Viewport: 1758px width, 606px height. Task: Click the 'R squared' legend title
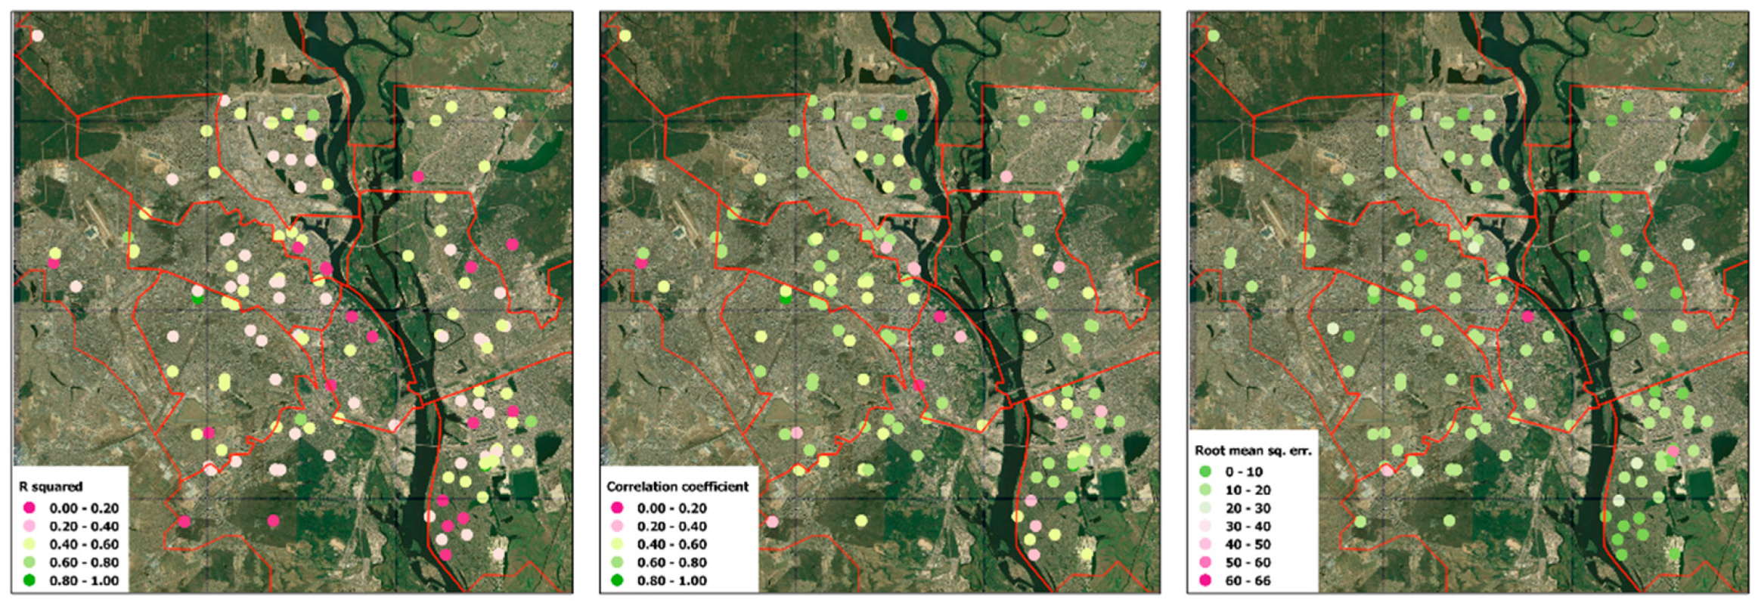point(51,487)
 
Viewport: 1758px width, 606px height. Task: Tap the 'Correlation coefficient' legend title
point(677,487)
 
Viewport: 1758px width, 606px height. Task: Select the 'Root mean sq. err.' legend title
point(1253,450)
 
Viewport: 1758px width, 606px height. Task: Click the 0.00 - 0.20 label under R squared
point(84,509)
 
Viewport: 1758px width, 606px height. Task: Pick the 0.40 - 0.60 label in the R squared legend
point(84,545)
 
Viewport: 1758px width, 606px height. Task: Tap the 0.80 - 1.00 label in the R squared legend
point(84,581)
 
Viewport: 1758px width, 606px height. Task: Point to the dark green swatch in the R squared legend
point(29,580)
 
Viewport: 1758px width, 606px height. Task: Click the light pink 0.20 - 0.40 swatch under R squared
point(29,526)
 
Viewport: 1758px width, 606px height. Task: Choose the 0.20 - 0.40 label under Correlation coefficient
point(671,527)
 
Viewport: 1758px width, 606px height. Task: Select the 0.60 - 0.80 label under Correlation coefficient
point(671,563)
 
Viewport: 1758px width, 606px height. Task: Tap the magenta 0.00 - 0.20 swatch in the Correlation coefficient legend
point(617,508)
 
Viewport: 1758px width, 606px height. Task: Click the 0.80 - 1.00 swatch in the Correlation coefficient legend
point(617,580)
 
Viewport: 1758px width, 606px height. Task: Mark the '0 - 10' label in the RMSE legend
point(1244,472)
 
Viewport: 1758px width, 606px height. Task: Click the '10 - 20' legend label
point(1248,490)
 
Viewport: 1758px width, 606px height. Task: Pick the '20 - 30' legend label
point(1248,509)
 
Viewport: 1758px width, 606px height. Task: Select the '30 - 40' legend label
point(1248,527)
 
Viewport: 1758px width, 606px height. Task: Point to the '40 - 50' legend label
point(1248,545)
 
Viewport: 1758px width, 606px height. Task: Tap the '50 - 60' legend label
point(1248,563)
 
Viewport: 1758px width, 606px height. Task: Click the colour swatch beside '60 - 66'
point(1205,580)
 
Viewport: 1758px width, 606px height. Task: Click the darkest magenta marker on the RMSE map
point(1528,317)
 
